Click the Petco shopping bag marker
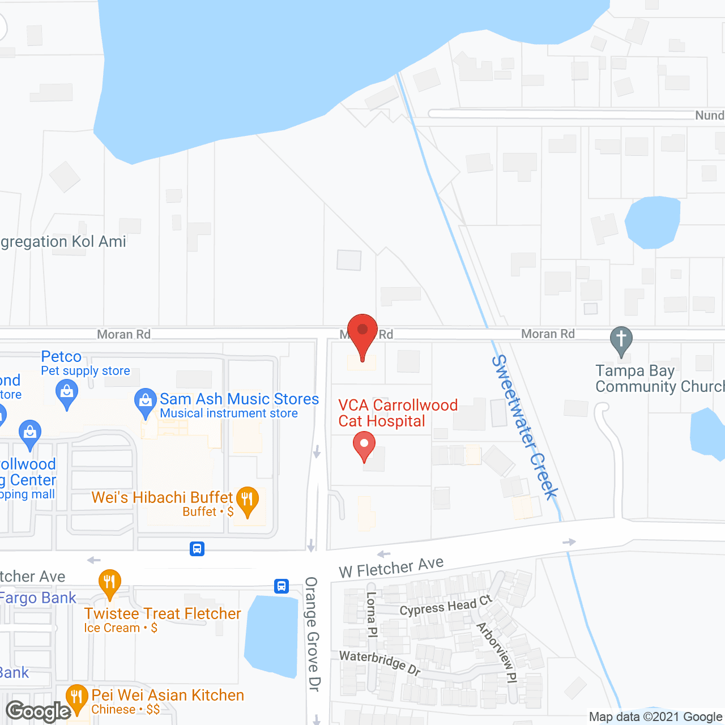coord(67,392)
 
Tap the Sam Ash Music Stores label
coord(239,399)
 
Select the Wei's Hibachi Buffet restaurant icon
coord(247,500)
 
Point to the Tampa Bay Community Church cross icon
coord(621,340)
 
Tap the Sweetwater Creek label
coord(524,427)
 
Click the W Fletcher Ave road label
coord(391,567)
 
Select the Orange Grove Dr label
coord(312,634)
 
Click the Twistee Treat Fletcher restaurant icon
coord(109,583)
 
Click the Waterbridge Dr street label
coord(380,662)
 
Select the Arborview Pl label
coord(497,652)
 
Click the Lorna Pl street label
coord(372,615)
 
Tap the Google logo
coord(39,711)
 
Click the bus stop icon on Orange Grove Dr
coord(282,586)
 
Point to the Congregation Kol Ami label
coord(63,242)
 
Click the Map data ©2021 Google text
coord(655,717)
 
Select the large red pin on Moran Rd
coord(362,335)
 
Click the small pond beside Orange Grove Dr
coord(272,634)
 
